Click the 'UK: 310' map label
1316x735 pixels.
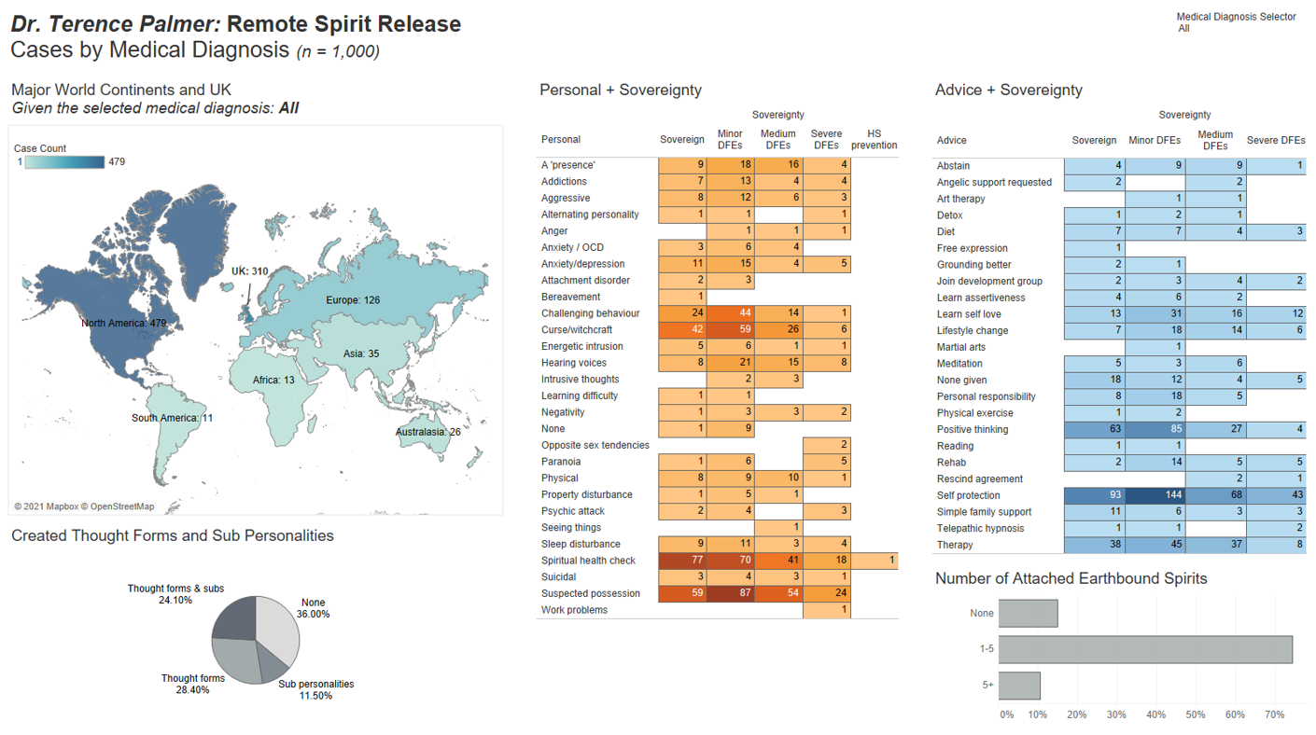coord(250,271)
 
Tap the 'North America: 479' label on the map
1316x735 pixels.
coord(123,323)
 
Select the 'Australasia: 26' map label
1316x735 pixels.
coord(428,432)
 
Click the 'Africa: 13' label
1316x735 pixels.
coord(273,381)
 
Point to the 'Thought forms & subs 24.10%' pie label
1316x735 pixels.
coord(175,594)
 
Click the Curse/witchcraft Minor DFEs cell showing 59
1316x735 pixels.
coord(731,330)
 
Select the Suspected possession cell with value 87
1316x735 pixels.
coord(731,593)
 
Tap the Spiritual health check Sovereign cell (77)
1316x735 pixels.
coord(682,561)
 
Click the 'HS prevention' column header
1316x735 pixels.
coord(874,139)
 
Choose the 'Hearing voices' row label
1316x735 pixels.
coord(573,363)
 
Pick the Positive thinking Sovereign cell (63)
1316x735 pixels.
coord(1094,430)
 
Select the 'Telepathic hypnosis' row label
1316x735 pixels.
coord(980,528)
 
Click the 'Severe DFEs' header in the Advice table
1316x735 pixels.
coord(1276,141)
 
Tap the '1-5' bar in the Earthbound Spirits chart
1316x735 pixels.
coord(1145,649)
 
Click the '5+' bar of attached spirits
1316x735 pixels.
coord(1019,686)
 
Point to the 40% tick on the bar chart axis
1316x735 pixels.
coord(1156,714)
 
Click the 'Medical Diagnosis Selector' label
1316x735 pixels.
coord(1236,17)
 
